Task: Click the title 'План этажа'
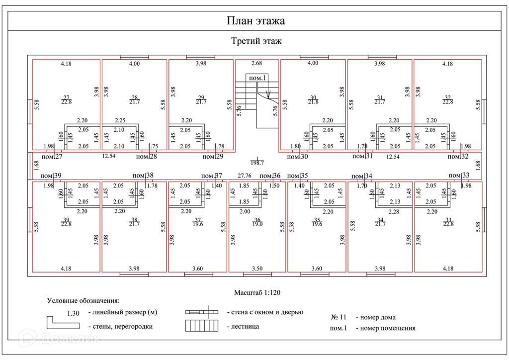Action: [x=255, y=21]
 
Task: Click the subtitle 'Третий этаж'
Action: [x=256, y=41]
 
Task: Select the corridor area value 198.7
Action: [x=257, y=163]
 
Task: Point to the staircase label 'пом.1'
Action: [x=258, y=78]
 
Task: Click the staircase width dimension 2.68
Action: [x=256, y=63]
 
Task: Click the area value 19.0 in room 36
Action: [x=257, y=224]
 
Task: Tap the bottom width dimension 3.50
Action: [x=257, y=269]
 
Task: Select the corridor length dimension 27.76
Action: [x=244, y=176]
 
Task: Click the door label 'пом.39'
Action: [x=51, y=176]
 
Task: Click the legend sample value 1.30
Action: [x=73, y=313]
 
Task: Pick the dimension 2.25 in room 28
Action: [x=120, y=120]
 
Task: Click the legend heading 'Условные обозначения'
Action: [x=84, y=301]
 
